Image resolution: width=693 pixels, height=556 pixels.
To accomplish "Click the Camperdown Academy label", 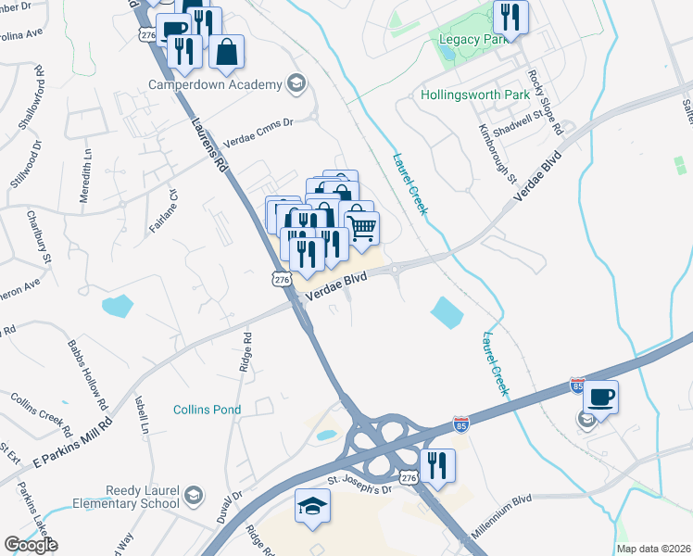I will click(x=215, y=84).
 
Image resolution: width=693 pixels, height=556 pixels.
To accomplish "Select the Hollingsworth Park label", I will click(x=474, y=95).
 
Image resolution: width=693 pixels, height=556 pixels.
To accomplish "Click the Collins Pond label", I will click(x=208, y=410).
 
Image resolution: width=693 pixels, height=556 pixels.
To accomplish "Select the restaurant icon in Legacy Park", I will click(x=510, y=16).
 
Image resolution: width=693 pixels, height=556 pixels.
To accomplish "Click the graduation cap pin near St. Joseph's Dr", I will click(x=312, y=507).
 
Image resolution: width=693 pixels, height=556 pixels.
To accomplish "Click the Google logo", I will click(x=31, y=545).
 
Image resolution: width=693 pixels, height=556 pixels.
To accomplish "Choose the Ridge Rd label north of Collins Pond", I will click(x=246, y=352).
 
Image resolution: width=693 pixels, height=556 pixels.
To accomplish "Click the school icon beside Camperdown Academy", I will click(x=296, y=83).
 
